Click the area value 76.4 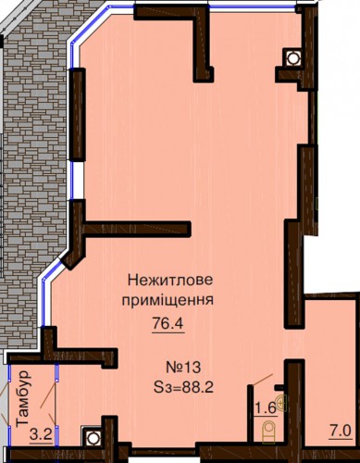click(168, 324)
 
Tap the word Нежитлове click(170, 281)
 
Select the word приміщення click(168, 300)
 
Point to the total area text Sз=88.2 click(183, 387)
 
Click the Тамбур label click(23, 399)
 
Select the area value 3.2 click(41, 435)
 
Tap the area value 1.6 click(265, 408)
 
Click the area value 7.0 click(340, 432)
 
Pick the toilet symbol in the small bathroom click(268, 432)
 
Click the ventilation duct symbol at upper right click(292, 57)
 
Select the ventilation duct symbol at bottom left click(92, 437)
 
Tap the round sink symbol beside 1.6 click(281, 403)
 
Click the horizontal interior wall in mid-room click(137, 229)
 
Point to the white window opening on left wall click(77, 181)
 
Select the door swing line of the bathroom click(263, 379)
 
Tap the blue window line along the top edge click(253, 6)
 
